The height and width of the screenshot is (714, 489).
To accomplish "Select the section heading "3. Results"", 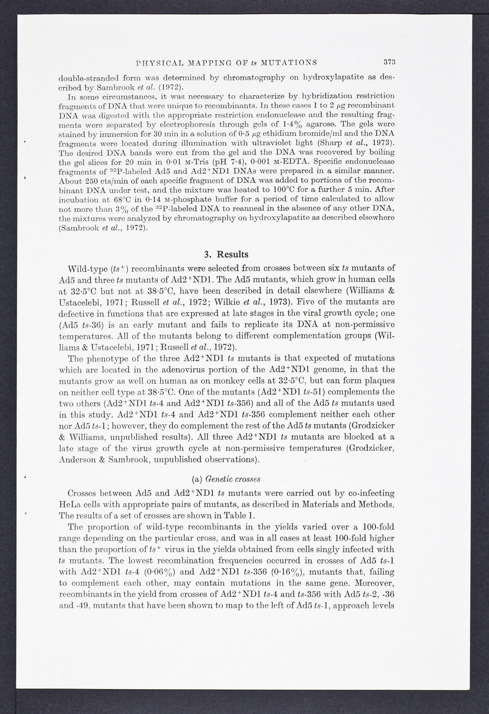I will coord(226,254).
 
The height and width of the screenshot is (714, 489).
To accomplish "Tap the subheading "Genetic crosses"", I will coord(233,479).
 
